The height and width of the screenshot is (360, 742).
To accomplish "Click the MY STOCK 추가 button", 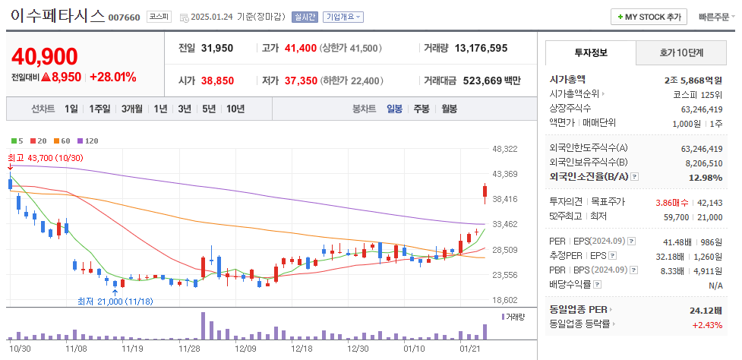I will [x=649, y=17].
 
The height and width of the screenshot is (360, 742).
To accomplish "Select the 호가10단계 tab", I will [x=680, y=52].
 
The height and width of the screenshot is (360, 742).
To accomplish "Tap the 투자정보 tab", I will [x=590, y=52].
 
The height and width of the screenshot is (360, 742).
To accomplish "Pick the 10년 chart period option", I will [x=235, y=109].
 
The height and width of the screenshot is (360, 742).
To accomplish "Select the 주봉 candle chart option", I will [x=422, y=109].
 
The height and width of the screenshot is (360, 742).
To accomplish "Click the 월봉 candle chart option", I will [x=448, y=109].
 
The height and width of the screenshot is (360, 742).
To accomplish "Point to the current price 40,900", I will [x=45, y=56].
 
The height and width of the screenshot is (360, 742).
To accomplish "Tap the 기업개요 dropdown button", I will [x=343, y=17].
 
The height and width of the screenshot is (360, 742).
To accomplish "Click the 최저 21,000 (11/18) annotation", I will [x=114, y=301].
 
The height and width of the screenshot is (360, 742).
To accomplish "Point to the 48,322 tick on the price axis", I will [x=505, y=149].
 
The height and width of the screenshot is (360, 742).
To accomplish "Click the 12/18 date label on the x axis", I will [x=302, y=348].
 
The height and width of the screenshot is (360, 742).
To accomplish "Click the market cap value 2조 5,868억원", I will [x=692, y=78].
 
